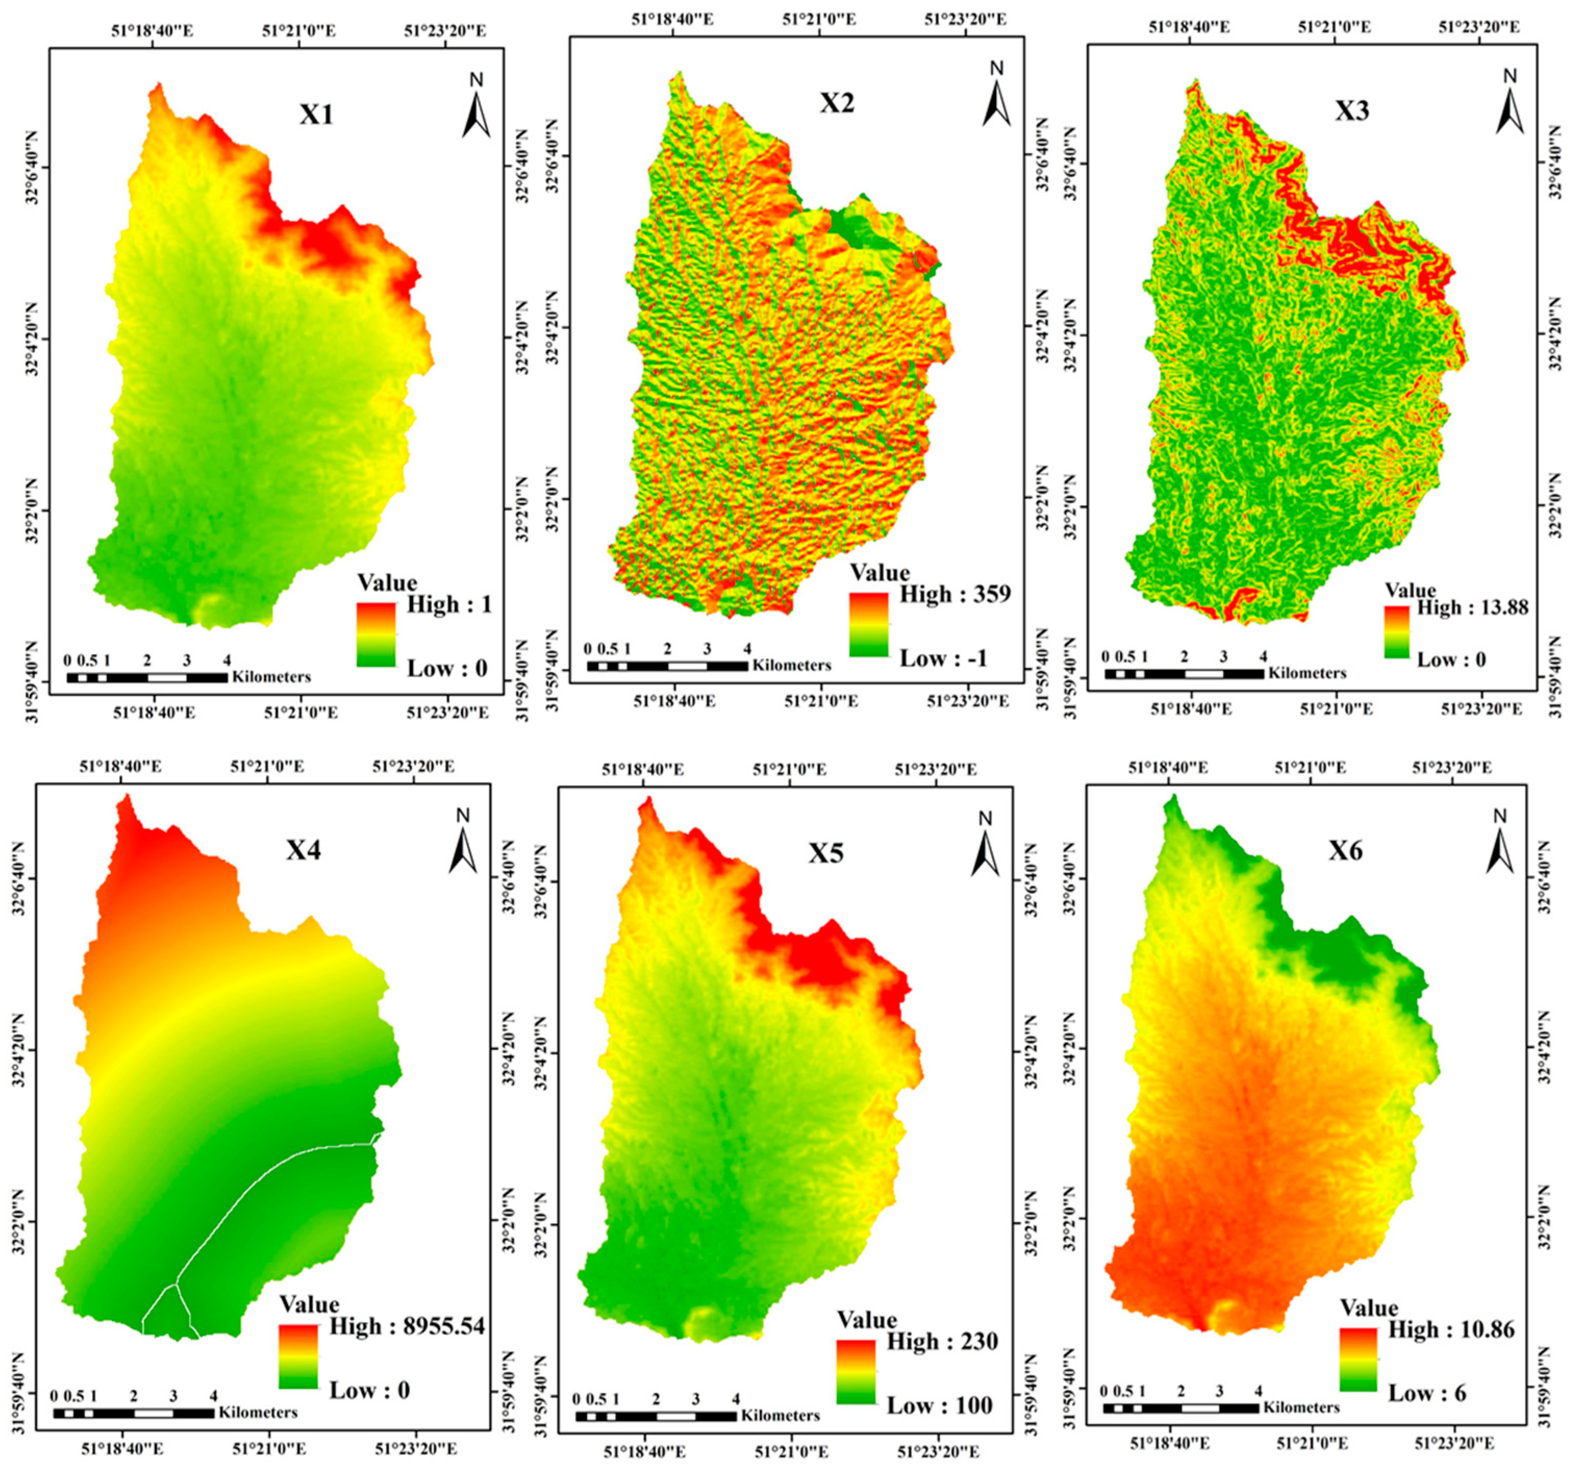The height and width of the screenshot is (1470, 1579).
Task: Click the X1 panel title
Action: point(316,115)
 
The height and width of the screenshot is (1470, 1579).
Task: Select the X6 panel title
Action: point(1345,851)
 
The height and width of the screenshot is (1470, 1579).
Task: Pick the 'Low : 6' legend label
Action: point(1426,1392)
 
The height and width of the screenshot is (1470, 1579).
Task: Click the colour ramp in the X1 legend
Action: point(376,634)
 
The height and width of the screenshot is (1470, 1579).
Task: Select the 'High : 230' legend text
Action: point(942,1341)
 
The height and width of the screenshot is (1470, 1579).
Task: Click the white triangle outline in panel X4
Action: point(168,1311)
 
